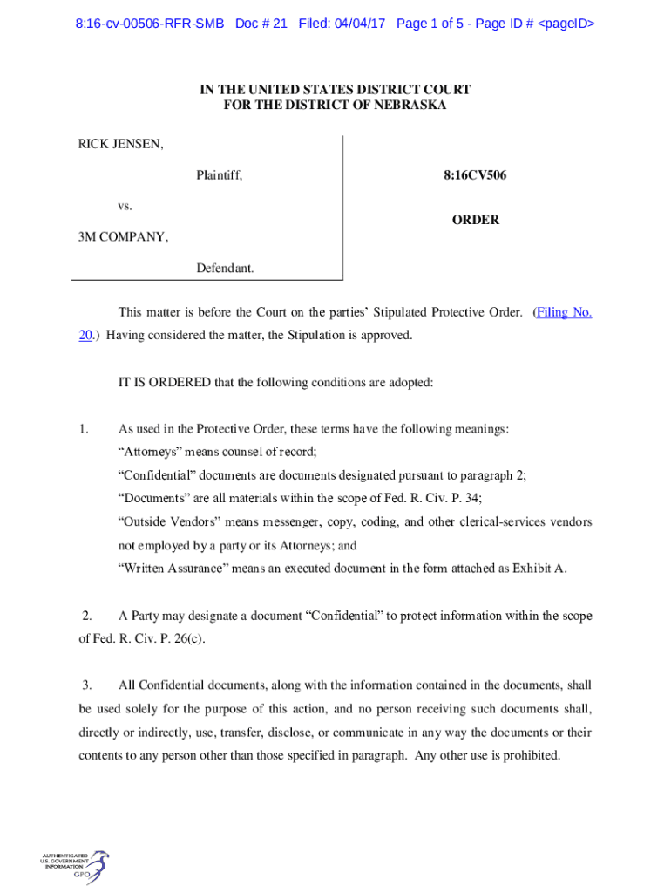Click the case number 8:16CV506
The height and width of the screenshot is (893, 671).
(475, 176)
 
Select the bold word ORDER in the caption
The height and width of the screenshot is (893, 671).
(476, 221)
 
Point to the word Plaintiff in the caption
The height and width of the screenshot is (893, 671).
(219, 176)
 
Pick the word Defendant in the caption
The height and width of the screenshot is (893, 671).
(225, 269)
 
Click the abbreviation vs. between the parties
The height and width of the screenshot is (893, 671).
(125, 207)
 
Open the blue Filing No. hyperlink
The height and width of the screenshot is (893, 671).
(564, 312)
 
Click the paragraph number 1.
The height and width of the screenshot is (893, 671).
(83, 429)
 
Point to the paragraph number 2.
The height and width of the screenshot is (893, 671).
(86, 616)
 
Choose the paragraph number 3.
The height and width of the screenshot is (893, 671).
(86, 685)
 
